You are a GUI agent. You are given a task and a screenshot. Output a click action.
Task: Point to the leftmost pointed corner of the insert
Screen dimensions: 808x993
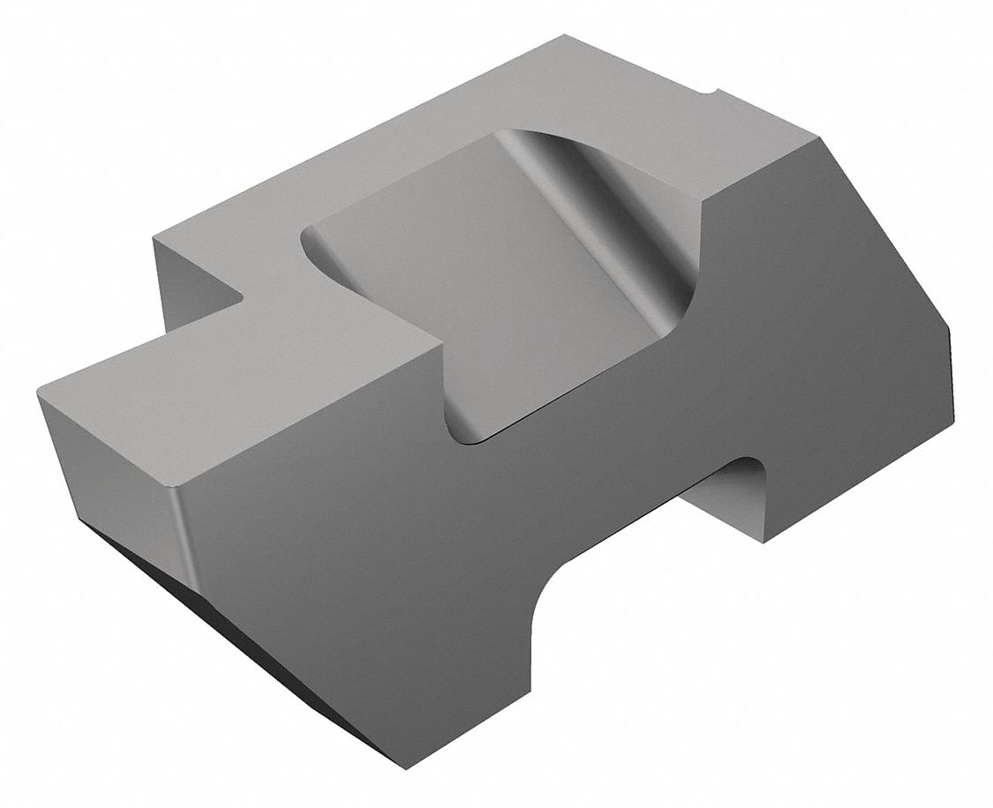pos(37,393)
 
